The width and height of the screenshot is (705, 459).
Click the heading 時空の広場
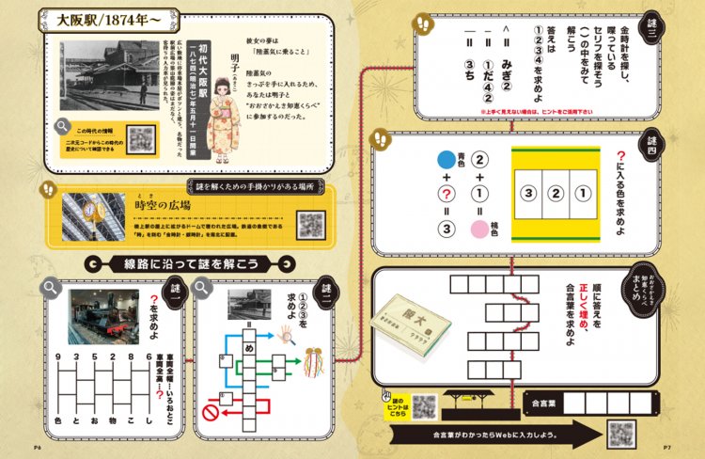coord(164,205)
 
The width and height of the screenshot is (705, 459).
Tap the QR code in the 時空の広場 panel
coord(311,224)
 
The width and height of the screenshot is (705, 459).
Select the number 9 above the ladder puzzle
coord(59,358)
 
